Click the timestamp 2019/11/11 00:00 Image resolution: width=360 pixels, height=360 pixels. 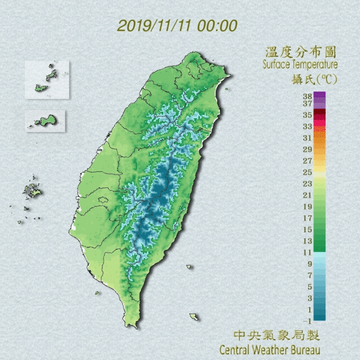[177, 26]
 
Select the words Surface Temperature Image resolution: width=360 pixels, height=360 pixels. [299, 65]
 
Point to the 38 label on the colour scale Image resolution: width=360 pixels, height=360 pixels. [307, 96]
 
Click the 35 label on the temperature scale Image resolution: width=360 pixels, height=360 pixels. [307, 115]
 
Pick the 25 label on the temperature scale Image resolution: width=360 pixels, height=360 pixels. [307, 172]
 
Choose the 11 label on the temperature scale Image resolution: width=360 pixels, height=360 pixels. [307, 252]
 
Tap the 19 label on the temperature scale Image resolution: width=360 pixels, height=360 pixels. [307, 206]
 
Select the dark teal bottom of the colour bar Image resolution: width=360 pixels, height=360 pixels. [319, 316]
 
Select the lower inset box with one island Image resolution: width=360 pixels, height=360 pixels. [45, 120]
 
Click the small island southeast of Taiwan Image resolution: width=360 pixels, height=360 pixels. [194, 317]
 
